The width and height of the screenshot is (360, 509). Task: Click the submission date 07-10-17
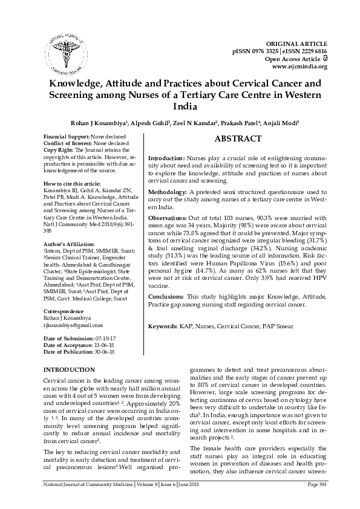(100, 339)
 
